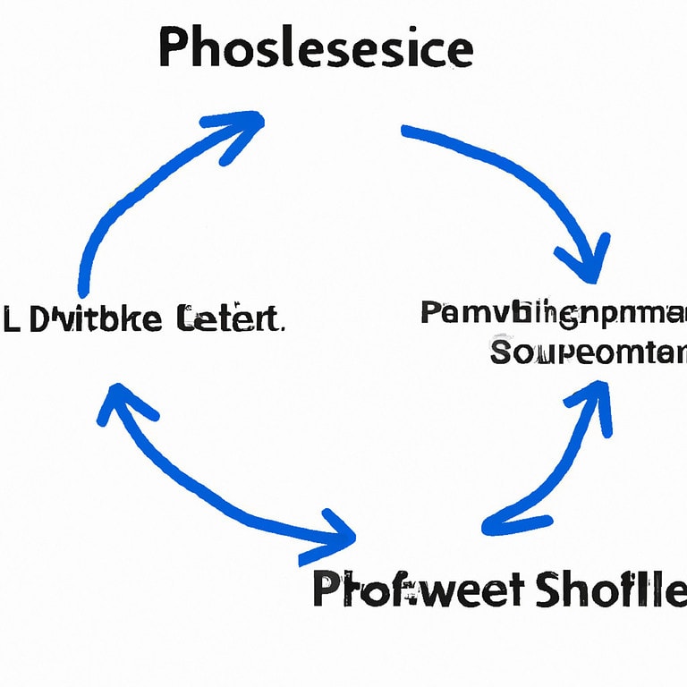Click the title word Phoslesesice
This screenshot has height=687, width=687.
(x=315, y=49)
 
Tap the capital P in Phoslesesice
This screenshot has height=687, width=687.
(x=174, y=49)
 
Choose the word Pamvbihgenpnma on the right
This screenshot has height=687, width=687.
(x=553, y=314)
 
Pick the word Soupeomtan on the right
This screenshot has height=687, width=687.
(x=589, y=352)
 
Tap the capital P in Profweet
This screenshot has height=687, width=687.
(x=329, y=593)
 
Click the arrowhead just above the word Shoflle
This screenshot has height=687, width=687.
(x=497, y=526)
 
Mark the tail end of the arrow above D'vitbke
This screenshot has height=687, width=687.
(x=84, y=291)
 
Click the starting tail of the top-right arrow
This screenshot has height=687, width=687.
(x=407, y=132)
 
